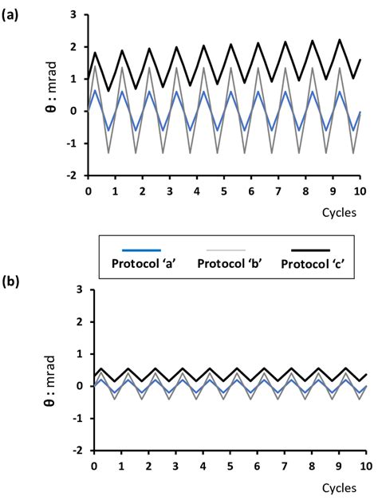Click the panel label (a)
coord(12,10)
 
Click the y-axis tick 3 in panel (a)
coord(73,15)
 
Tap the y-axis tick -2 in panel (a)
coord(72,175)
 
